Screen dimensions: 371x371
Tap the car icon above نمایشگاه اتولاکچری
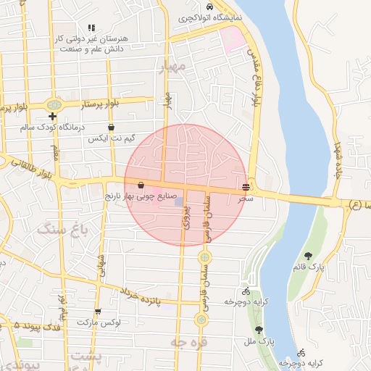209,5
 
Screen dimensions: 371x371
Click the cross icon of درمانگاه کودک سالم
52,116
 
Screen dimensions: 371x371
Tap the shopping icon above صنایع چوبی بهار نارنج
140,185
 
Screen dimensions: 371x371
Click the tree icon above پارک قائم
309,255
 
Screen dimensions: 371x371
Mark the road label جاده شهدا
337,159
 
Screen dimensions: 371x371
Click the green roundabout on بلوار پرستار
53,105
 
